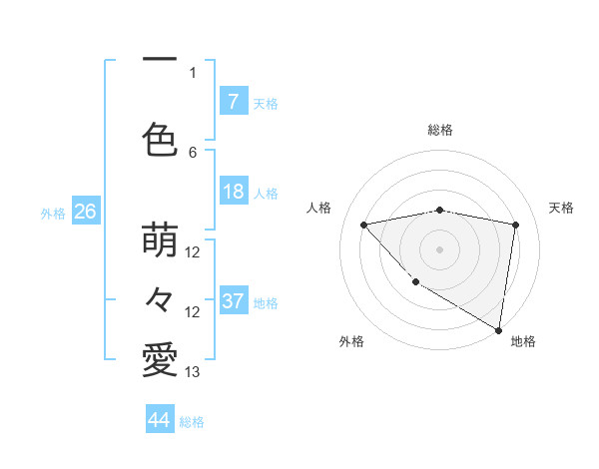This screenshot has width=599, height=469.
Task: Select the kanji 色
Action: pos(160,138)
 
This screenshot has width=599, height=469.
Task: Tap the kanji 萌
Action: pos(160,240)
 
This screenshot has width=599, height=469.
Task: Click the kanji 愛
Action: pos(160,359)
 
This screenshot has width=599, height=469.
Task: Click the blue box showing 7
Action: pos(233,101)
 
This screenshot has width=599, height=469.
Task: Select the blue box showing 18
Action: pos(233,192)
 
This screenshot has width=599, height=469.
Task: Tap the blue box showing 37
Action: pos(233,301)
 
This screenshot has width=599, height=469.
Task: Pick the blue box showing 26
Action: pos(85,212)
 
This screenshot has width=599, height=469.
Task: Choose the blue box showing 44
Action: pos(160,420)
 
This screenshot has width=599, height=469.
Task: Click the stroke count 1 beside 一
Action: pos(193,72)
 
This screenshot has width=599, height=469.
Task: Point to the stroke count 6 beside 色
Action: pos(193,152)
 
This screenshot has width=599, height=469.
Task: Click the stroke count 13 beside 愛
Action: pos(193,372)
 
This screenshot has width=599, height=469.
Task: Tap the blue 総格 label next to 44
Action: pos(193,422)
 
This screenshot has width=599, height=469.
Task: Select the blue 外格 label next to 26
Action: pos(53,214)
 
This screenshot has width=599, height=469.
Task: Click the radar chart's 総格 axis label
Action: pos(439,130)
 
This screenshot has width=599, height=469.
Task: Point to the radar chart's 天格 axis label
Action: pos(562,208)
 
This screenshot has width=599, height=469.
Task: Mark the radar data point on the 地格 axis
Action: pos(498,329)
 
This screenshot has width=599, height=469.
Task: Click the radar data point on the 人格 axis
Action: pos(364,225)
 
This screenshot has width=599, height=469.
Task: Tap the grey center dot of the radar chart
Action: pos(439,248)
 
